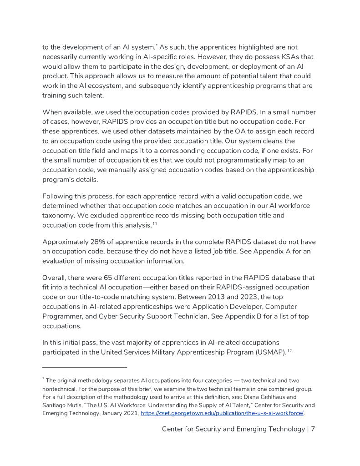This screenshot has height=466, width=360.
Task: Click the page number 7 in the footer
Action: click(x=313, y=429)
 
